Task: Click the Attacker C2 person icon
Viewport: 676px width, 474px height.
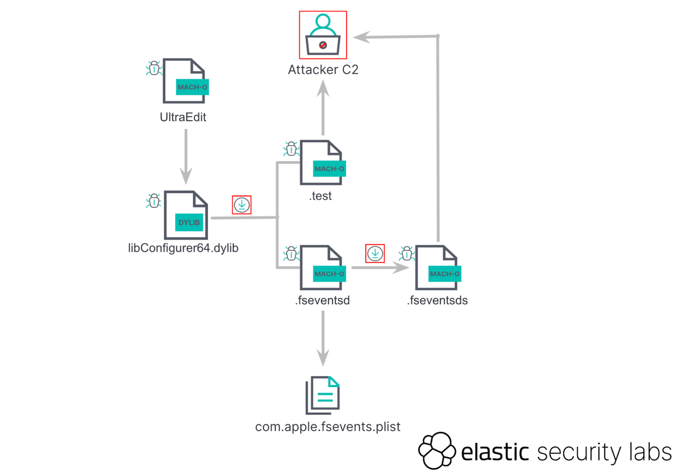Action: tap(323, 35)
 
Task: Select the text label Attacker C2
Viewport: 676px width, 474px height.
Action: tap(323, 70)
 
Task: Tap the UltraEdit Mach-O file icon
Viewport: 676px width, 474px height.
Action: tap(184, 81)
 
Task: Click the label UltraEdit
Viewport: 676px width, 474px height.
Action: tap(183, 117)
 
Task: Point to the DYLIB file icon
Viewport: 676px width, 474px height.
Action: tap(186, 215)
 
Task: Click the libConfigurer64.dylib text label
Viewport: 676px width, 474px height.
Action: tap(183, 248)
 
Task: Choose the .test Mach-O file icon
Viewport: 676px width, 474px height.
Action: tap(322, 163)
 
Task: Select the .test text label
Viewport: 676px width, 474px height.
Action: tap(321, 196)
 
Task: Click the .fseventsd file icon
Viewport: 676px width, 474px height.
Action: tap(322, 267)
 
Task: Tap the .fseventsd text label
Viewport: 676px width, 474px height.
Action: tap(323, 300)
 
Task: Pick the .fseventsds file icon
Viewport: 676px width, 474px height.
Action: tap(437, 267)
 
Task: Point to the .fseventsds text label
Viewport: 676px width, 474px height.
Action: tap(437, 300)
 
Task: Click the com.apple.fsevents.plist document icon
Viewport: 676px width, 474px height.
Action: tap(323, 395)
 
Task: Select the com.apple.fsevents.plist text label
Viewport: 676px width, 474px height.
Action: tap(328, 427)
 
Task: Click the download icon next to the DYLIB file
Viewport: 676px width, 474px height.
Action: tap(242, 205)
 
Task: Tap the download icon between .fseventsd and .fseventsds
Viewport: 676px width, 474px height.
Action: tap(375, 254)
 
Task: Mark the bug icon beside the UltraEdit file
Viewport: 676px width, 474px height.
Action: tap(154, 69)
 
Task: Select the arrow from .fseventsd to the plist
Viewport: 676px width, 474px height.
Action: tap(323, 338)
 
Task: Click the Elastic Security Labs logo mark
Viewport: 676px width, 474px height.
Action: tap(437, 451)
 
